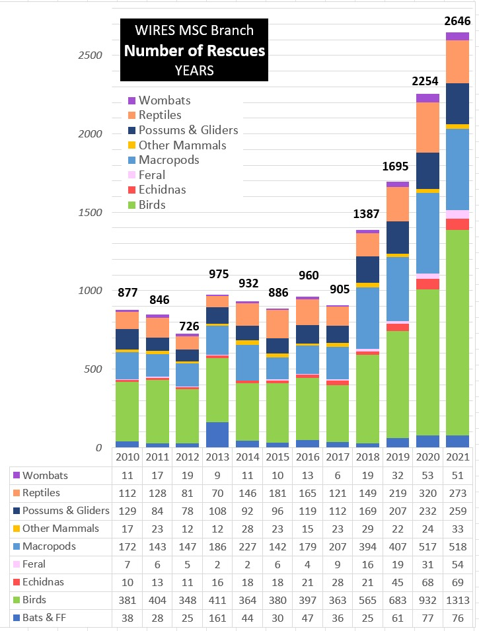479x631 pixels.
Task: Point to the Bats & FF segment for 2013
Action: pyautogui.click(x=218, y=435)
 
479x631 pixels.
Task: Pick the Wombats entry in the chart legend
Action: pyautogui.click(x=165, y=100)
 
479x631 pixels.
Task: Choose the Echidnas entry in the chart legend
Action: pyautogui.click(x=162, y=190)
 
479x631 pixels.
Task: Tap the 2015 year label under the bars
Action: pyautogui.click(x=277, y=457)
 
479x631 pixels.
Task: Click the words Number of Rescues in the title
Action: pyautogui.click(x=195, y=51)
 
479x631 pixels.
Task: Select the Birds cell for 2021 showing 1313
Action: pyautogui.click(x=457, y=600)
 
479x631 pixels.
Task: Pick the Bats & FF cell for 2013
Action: pyautogui.click(x=218, y=618)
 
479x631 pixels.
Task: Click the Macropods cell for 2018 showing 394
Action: pyautogui.click(x=367, y=546)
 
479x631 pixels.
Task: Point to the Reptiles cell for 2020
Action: pyautogui.click(x=427, y=493)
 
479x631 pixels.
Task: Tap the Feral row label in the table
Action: pyautogui.click(x=35, y=564)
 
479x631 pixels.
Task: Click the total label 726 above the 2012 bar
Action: pyautogui.click(x=188, y=326)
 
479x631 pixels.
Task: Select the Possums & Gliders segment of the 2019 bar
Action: pyautogui.click(x=397, y=237)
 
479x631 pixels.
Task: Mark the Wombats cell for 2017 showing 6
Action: pyautogui.click(x=338, y=475)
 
